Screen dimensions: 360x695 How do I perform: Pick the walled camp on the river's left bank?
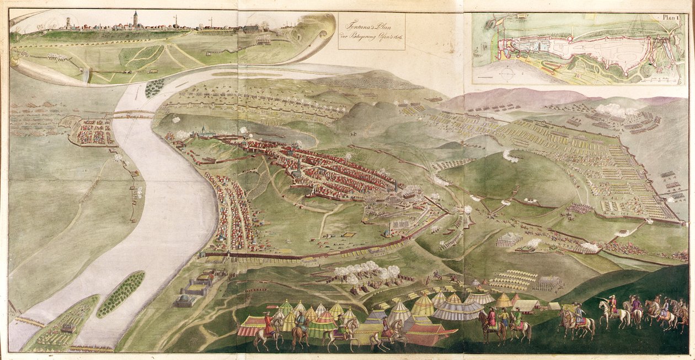tap(91, 131)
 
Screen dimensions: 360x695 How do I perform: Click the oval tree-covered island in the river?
tap(121, 294)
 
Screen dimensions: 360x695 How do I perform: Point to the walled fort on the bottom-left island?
tap(68, 327)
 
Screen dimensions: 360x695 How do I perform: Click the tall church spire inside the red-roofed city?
tap(298, 165)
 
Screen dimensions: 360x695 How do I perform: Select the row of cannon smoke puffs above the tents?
tap(367, 271)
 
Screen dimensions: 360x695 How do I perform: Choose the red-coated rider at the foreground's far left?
tap(269, 328)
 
